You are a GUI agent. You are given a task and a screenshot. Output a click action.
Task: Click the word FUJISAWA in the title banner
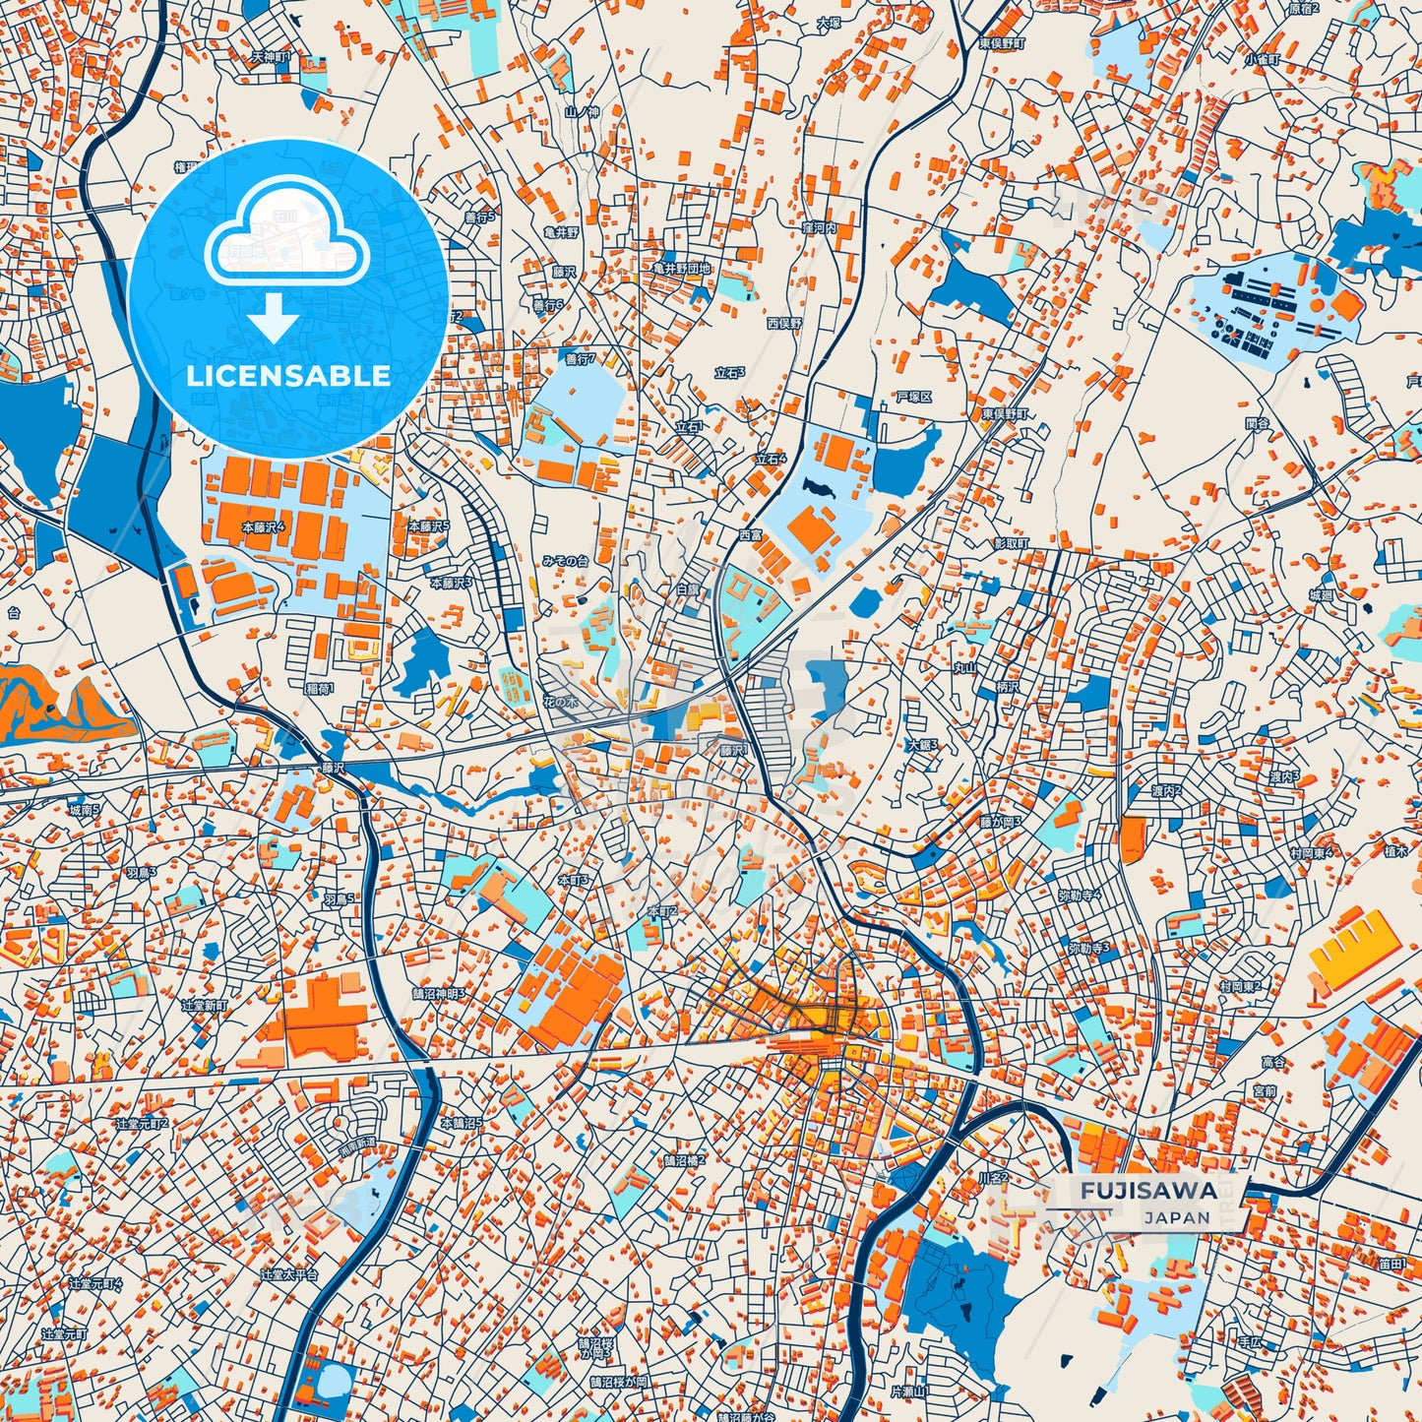(x=1148, y=1190)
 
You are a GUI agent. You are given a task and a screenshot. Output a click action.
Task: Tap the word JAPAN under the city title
(x=1177, y=1217)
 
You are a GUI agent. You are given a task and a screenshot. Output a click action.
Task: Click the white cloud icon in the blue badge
(x=286, y=237)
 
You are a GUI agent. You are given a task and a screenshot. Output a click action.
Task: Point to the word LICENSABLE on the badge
(x=288, y=376)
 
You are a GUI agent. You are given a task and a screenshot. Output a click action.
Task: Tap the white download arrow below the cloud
(x=274, y=319)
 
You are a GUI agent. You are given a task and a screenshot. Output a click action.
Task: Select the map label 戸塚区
(x=913, y=397)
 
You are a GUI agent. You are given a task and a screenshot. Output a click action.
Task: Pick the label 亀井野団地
(x=681, y=268)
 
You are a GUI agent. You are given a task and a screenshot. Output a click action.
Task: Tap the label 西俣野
(x=784, y=323)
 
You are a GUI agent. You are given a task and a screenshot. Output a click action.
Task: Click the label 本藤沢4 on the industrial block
(x=263, y=527)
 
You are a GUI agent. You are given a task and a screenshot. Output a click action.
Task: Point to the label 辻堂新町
(x=204, y=1006)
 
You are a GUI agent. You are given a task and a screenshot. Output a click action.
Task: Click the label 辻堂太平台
(x=289, y=1274)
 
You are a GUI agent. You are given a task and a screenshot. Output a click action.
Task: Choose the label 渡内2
(x=1166, y=791)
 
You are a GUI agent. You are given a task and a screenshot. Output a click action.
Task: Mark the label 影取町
(x=1011, y=543)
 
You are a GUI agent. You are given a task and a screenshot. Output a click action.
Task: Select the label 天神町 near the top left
(x=271, y=57)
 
